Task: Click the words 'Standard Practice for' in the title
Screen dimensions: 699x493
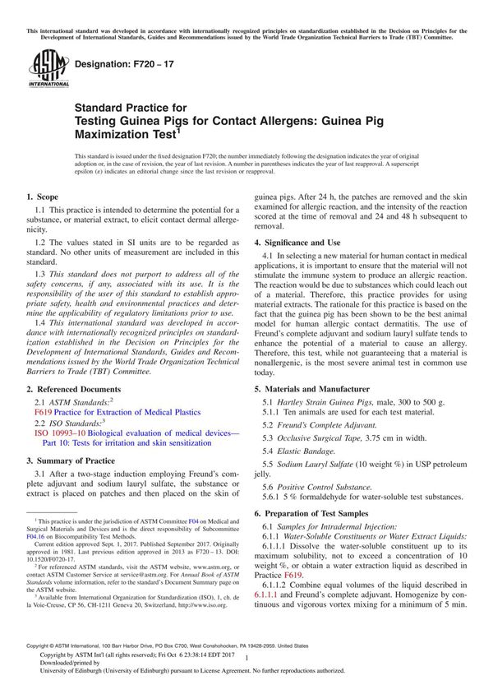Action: click(x=131, y=108)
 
